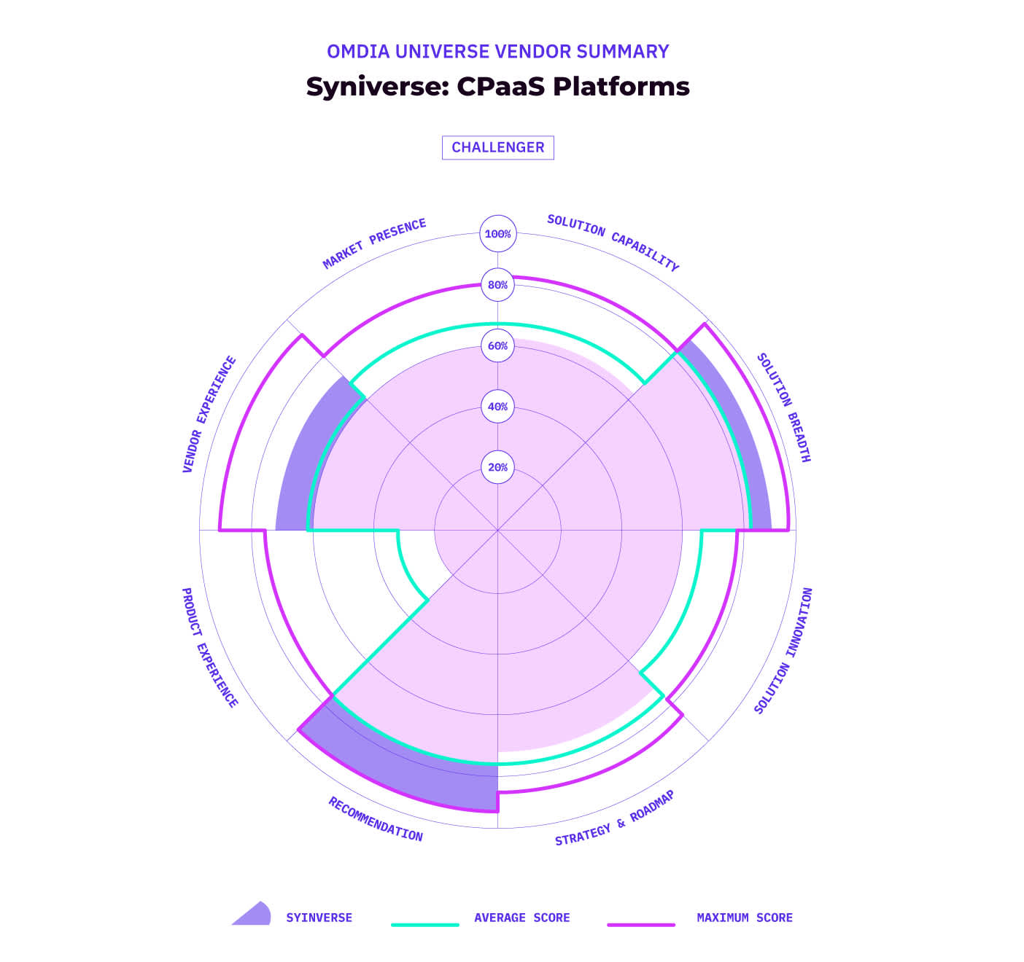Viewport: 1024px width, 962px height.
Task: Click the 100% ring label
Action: coord(498,234)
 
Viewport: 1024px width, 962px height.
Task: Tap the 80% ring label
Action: coord(498,285)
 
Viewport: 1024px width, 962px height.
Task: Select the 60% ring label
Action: coord(498,345)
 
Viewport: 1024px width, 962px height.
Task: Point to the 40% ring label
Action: coord(498,407)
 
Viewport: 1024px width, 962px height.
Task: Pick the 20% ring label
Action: coord(498,467)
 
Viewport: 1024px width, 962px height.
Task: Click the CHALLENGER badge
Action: coord(498,147)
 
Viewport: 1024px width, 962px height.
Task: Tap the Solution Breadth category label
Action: coord(784,408)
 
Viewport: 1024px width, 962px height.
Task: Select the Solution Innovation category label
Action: coord(783,651)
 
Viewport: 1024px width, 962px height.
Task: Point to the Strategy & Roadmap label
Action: coord(615,818)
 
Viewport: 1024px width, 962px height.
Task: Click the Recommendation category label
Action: coord(376,819)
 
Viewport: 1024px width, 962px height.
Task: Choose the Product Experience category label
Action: coord(209,648)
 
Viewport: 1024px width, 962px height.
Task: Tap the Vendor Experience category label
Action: coord(209,414)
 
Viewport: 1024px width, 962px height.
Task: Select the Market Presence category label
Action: coord(374,243)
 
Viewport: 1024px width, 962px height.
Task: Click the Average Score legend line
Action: coord(425,924)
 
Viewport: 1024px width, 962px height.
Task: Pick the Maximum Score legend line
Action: coord(641,924)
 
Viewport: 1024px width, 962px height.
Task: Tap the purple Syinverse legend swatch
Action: coord(252,915)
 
